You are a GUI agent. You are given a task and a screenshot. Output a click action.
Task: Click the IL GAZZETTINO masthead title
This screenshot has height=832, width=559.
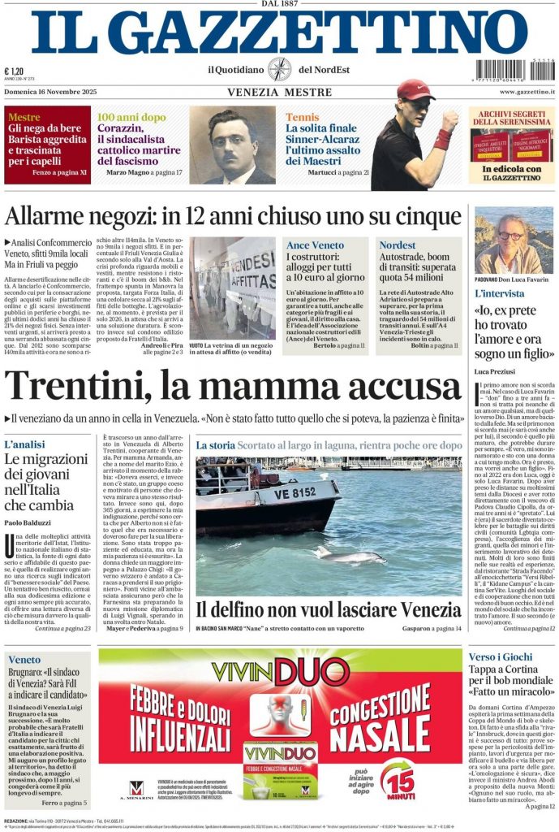(x=279, y=34)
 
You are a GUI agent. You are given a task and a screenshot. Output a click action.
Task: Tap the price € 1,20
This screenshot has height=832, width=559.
(x=14, y=71)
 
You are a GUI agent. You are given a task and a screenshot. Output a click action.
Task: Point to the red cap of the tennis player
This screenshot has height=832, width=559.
(x=416, y=89)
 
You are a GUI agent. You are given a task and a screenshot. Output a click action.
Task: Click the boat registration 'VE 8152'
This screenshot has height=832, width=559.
(x=295, y=492)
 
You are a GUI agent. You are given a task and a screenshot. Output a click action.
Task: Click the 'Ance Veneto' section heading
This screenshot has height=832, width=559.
(x=315, y=245)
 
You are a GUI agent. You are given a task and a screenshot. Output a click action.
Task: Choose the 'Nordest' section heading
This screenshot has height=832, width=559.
(x=397, y=245)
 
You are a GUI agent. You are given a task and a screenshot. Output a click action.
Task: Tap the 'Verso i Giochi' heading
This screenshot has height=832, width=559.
(x=501, y=656)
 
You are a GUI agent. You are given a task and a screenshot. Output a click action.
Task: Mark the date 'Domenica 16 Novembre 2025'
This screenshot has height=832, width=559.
(x=55, y=93)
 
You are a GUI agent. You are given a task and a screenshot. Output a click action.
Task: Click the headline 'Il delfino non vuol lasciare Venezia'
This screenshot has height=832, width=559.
(x=327, y=609)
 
